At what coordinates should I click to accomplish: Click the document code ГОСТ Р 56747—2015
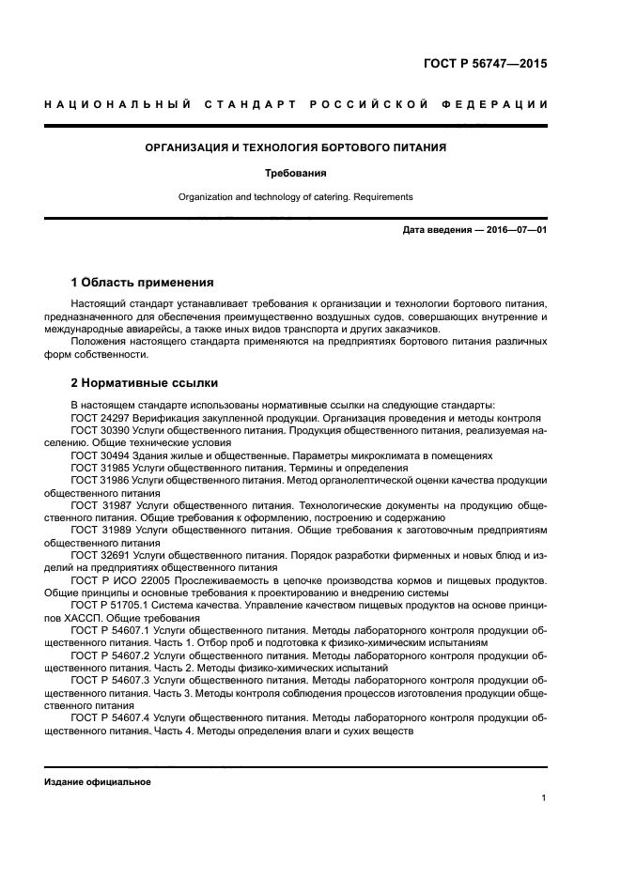coord(484,65)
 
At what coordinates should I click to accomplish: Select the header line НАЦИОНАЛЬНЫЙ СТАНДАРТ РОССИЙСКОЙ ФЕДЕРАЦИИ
coord(295,102)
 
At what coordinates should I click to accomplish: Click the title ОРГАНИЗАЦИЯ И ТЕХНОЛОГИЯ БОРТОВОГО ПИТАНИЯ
coord(295,147)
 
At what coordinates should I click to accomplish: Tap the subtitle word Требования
coord(295,173)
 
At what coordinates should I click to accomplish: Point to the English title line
coord(295,197)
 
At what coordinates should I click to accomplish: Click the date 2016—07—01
coord(515,230)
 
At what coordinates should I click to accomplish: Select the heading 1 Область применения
coord(142,282)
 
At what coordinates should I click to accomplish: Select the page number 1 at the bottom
coord(544,798)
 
